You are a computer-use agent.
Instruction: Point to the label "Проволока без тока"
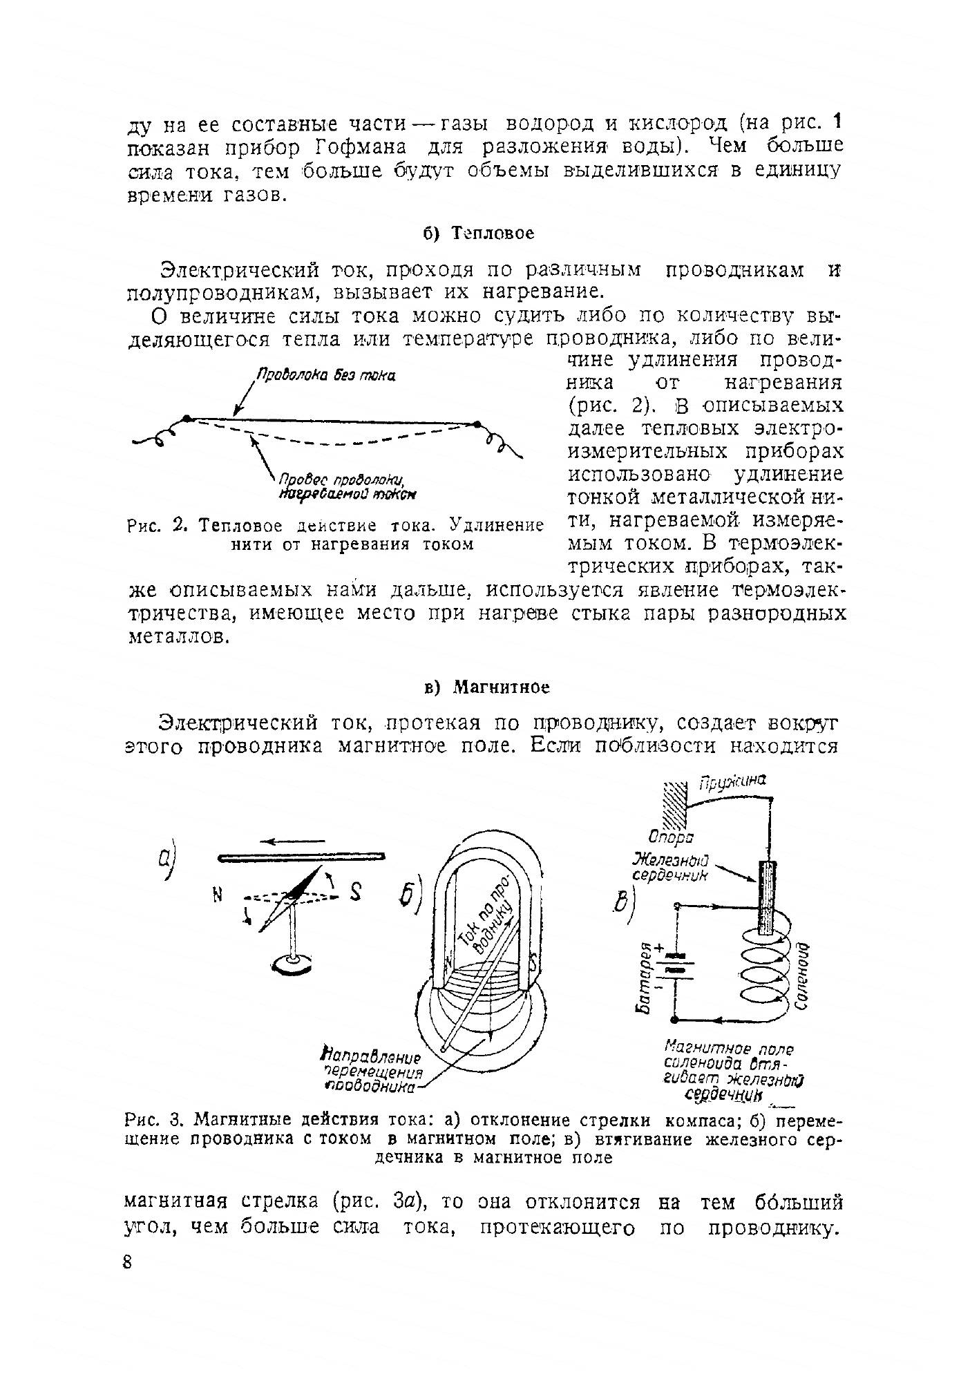click(x=325, y=375)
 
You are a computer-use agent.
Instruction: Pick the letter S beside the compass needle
click(x=355, y=892)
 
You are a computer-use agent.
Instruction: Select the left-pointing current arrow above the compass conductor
click(x=293, y=841)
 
